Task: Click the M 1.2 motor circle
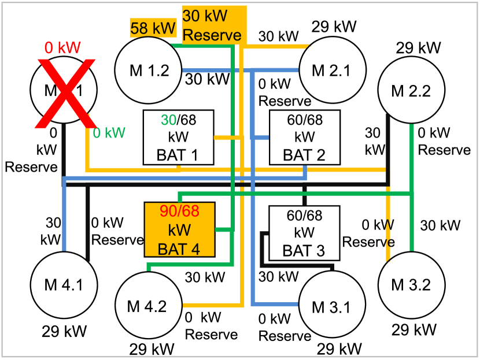tap(149, 70)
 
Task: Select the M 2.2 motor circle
tap(411, 90)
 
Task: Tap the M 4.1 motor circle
tap(64, 284)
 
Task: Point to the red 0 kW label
tap(63, 48)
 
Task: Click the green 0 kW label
tap(109, 133)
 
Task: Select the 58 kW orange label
tap(152, 28)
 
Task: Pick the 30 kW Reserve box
tap(213, 25)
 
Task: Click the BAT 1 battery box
tap(179, 137)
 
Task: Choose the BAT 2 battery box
tap(304, 137)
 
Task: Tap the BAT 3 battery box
tap(304, 233)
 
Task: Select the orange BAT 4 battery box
tap(179, 230)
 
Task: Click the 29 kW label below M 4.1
tap(69, 331)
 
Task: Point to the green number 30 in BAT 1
tap(168, 120)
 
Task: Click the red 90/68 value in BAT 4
tap(179, 211)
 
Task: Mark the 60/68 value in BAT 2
tap(304, 120)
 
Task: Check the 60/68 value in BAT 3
tap(304, 216)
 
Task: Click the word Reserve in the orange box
tap(212, 35)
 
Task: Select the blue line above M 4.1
tap(65, 220)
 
